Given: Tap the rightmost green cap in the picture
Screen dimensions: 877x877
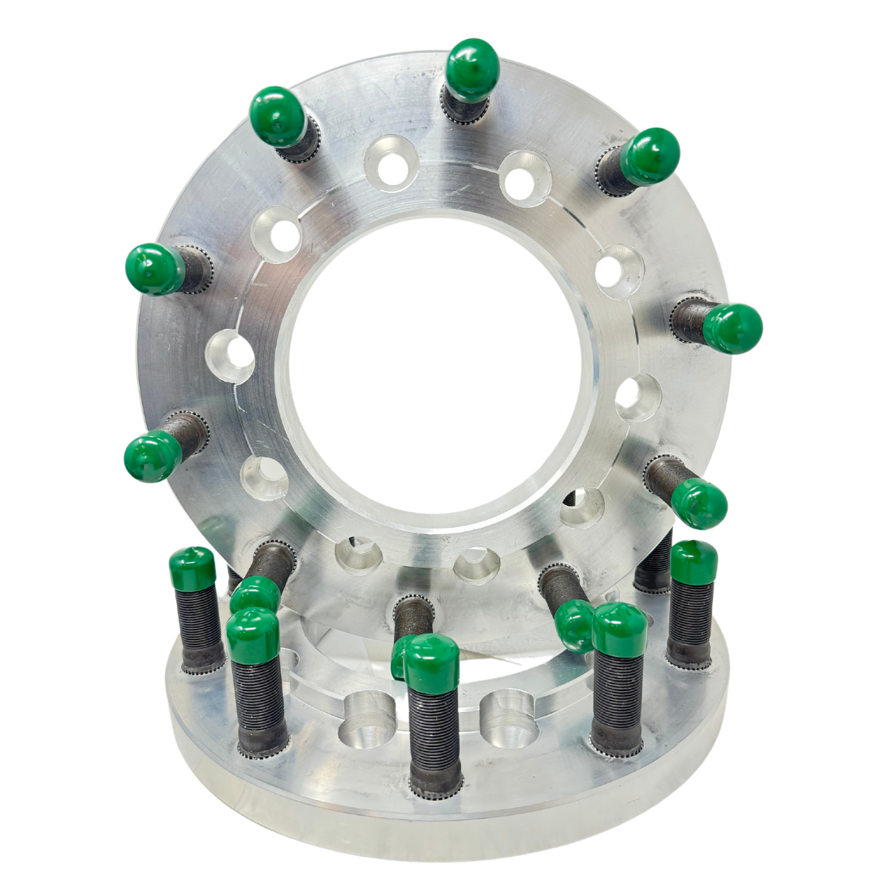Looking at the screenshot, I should point(732,328).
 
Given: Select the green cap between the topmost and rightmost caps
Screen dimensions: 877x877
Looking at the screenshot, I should point(650,157).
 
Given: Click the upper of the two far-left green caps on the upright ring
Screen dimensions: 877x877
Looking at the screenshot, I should point(154,269).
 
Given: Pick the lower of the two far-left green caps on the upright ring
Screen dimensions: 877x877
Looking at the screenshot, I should point(153,456).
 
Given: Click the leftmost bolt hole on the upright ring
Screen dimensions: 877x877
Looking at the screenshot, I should point(231,356).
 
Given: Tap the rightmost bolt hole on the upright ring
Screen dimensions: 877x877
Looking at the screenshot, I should point(638,398).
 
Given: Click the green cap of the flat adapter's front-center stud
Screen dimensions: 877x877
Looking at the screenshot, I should point(431,663).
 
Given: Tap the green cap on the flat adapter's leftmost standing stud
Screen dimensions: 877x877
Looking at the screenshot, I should point(192,568).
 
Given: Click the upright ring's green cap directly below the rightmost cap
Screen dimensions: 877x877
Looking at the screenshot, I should point(698,503).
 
